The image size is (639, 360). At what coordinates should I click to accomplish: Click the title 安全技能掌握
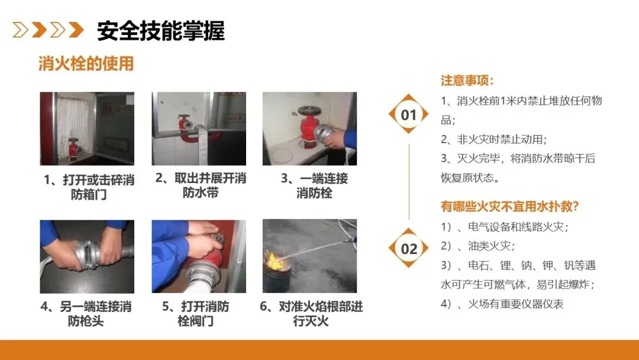[160, 31]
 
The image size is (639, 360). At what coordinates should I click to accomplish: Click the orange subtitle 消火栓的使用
[86, 63]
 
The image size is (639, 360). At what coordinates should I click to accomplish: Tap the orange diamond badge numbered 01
[408, 114]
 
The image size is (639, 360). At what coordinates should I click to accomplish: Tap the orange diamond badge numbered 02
[408, 248]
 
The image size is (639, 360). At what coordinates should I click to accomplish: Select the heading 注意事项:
[467, 81]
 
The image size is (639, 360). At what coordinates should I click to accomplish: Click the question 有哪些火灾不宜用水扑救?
[509, 206]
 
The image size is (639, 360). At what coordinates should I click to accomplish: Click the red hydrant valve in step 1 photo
[73, 149]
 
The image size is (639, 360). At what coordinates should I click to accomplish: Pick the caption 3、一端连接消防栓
[314, 185]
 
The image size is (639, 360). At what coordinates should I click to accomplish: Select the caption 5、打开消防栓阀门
[196, 314]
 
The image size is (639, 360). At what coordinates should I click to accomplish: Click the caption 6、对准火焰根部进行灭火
[311, 314]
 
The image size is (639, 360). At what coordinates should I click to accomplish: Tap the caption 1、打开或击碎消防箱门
[89, 187]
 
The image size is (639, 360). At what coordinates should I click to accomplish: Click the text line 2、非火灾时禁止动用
[493, 139]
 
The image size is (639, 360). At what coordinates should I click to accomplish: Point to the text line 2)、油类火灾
[477, 246]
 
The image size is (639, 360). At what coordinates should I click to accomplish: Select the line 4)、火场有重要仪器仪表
[502, 304]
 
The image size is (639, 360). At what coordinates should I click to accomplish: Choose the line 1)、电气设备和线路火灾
[505, 227]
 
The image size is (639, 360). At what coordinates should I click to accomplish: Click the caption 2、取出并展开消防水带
[201, 185]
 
